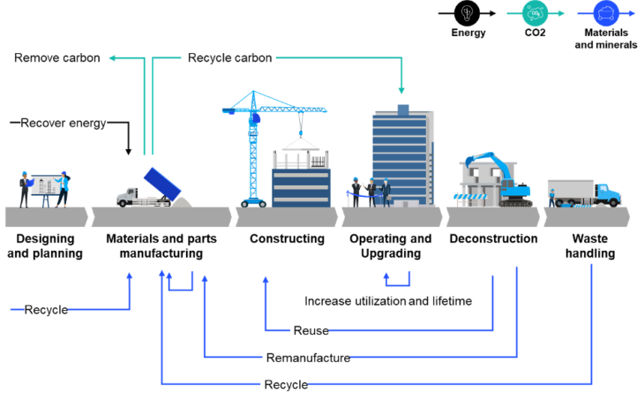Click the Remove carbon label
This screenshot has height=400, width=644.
pos(56,58)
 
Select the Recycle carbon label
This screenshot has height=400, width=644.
pos(229,58)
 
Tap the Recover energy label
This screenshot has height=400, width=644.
pos(64,124)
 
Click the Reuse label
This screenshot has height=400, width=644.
pos(310,331)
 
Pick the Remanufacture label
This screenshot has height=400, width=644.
pos(307,358)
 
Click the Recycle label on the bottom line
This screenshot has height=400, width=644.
pos(286,385)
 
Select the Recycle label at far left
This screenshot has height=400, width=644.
pos(46,310)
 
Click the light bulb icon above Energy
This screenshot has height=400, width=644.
pos(468,13)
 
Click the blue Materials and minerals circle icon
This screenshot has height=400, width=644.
pos(606,12)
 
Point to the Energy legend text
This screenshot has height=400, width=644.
pos(468,33)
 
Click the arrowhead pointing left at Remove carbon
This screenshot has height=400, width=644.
pos(111,58)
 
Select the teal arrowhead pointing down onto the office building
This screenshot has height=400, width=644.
pos(401,90)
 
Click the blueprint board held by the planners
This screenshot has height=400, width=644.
pos(43,185)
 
